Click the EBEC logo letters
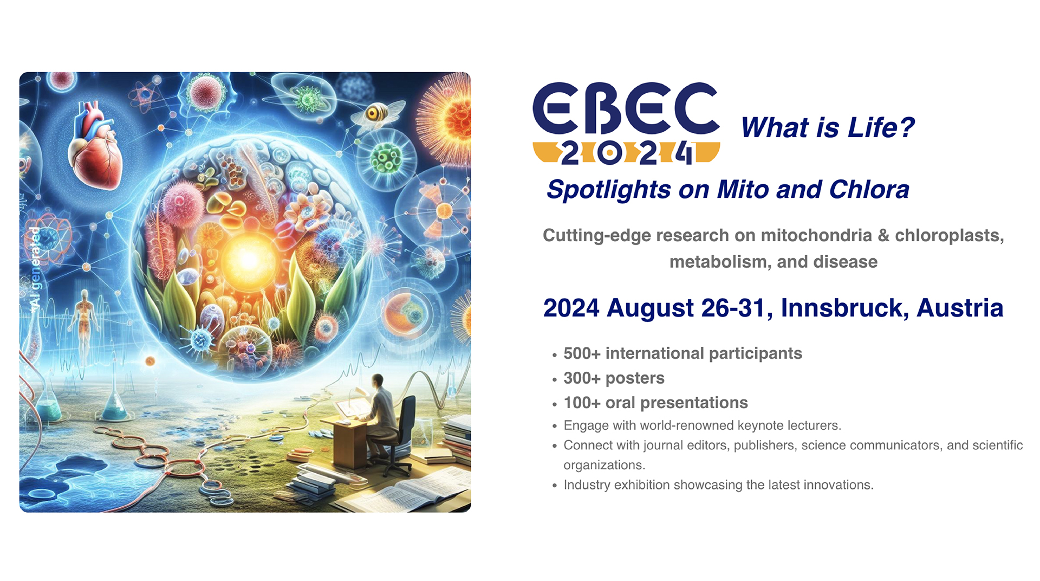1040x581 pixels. [x=626, y=108]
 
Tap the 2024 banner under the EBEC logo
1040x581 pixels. [x=626, y=153]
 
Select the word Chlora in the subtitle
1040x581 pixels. [x=869, y=190]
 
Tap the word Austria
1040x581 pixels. [x=960, y=308]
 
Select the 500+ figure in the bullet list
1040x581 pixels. [x=582, y=353]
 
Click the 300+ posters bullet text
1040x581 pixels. [x=614, y=378]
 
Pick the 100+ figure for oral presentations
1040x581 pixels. [x=582, y=403]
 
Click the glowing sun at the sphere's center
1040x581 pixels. [x=248, y=260]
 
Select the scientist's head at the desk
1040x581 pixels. [x=378, y=382]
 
